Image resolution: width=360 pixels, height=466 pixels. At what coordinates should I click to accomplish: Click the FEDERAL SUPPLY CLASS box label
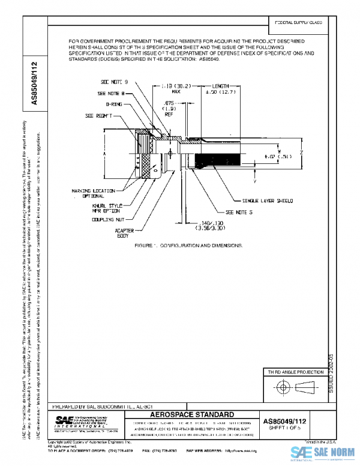(x=299, y=22)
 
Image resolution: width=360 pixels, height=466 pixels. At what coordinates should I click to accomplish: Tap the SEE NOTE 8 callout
(x=111, y=94)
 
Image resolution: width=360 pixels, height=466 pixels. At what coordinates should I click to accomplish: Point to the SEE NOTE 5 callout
(x=239, y=212)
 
